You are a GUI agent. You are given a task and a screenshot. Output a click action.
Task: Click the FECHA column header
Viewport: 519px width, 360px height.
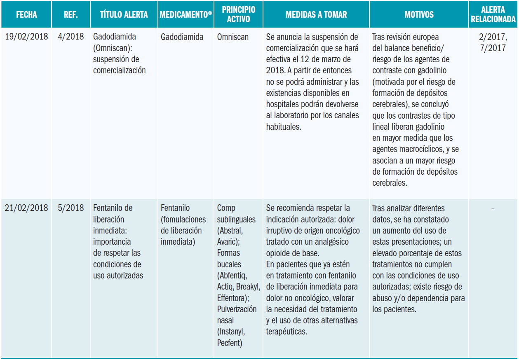point(26,15)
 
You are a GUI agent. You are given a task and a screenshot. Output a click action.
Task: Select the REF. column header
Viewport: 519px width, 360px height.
point(71,15)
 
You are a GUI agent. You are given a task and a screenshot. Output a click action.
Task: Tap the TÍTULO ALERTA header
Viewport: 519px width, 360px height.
point(124,15)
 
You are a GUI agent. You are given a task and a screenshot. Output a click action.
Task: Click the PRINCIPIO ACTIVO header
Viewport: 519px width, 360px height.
point(238,14)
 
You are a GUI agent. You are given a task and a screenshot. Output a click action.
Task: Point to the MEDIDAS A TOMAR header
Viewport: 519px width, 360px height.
point(316,15)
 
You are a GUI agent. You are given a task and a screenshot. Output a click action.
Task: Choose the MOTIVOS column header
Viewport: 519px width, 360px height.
point(419,15)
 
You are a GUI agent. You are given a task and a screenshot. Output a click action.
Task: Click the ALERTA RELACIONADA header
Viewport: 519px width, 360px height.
point(493,14)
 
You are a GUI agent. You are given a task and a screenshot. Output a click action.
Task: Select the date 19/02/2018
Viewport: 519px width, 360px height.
point(26,37)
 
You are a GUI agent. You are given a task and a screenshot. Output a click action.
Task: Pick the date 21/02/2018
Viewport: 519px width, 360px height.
point(26,208)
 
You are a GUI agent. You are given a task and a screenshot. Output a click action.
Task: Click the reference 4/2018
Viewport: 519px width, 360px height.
point(71,37)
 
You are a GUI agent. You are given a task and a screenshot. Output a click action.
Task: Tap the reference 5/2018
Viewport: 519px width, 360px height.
point(71,208)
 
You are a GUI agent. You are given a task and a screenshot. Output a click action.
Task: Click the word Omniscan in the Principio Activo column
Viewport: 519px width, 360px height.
point(233,37)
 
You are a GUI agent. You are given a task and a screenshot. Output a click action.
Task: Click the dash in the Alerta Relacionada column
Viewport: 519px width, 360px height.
point(493,208)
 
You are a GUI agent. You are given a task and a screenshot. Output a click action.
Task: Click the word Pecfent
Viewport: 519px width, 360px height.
point(229,343)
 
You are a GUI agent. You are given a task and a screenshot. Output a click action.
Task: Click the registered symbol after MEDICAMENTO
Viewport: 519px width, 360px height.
point(210,13)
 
